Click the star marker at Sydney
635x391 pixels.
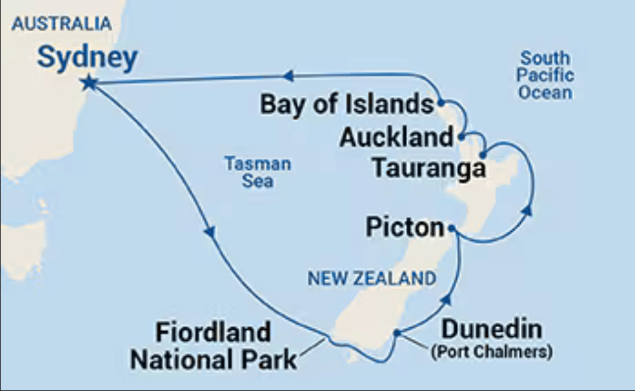(89, 82)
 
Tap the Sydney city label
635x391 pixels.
(87, 58)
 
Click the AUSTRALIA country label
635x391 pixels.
(61, 24)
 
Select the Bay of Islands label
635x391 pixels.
(346, 104)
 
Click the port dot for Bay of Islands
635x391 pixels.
(441, 102)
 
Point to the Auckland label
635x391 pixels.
(396, 138)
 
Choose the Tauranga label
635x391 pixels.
(428, 167)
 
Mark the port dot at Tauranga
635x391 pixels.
(482, 155)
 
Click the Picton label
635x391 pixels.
(405, 228)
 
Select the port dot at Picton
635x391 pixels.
(452, 228)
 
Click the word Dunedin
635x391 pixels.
(491, 329)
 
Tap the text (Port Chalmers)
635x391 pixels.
(491, 352)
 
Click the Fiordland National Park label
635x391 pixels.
(213, 346)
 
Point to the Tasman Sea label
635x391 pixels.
(258, 173)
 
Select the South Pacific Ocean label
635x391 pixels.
(545, 76)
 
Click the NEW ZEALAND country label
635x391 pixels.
(372, 279)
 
